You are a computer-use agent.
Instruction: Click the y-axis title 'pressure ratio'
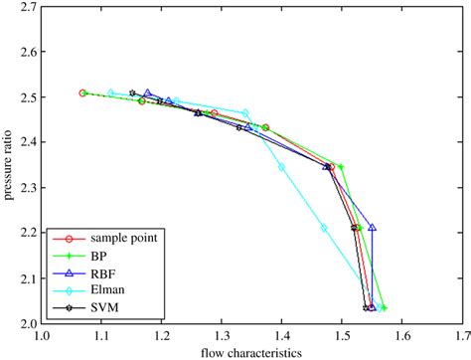9,162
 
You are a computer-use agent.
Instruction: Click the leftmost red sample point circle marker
83,92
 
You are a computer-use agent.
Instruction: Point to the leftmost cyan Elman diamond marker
111,92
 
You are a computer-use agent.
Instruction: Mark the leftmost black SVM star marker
133,93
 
